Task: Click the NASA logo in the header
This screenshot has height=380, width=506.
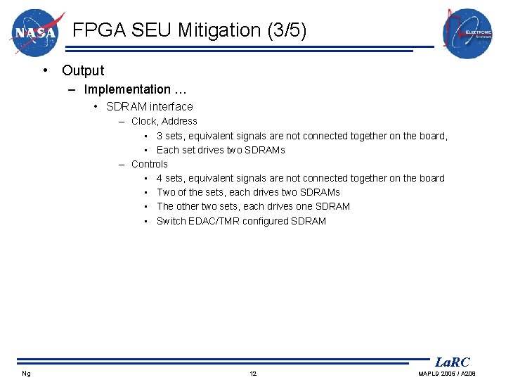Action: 37,32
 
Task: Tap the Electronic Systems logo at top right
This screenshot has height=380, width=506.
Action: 467,33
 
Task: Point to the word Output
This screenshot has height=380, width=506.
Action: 83,70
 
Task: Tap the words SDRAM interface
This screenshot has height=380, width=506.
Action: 149,107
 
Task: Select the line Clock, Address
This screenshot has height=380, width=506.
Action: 164,121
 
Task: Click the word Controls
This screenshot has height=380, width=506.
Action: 150,164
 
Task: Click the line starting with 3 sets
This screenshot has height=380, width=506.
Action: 301,136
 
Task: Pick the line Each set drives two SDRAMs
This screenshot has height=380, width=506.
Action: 221,150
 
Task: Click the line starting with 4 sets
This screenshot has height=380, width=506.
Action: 300,178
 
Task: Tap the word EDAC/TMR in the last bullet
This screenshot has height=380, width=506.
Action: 213,221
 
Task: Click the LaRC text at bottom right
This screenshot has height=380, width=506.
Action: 452,362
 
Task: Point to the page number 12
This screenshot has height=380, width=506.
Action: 253,373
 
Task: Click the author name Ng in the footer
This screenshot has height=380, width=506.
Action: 26,373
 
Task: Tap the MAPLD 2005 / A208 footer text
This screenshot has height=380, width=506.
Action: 447,373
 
